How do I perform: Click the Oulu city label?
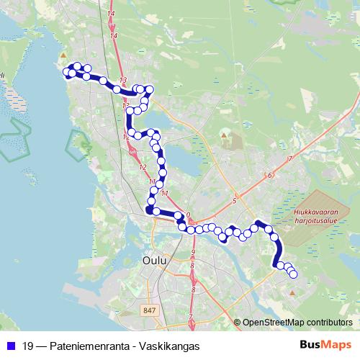click(155, 259)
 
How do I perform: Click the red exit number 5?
click(235, 200)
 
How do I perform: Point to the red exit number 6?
click(269, 175)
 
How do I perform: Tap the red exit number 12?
click(142, 167)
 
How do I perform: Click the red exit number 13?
click(123, 80)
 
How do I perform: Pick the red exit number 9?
click(194, 251)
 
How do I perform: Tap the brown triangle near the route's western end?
click(63, 55)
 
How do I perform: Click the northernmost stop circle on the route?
click(77, 66)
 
